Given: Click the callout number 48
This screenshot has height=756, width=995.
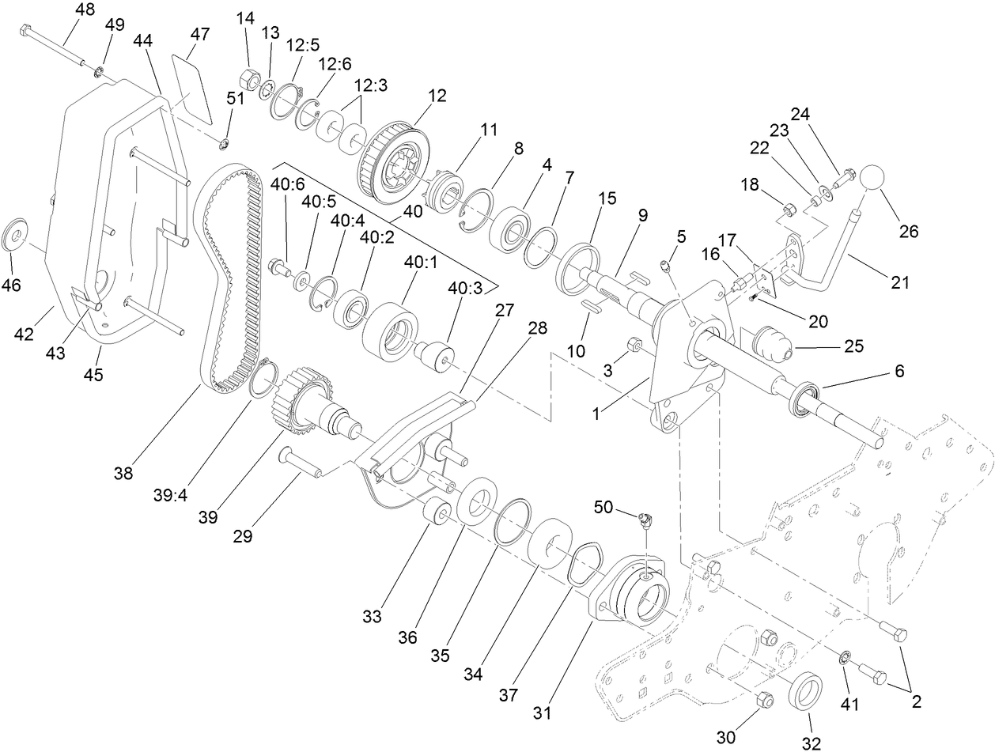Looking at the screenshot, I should click(85, 10).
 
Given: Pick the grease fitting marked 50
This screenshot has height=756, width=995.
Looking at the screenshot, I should click(645, 520).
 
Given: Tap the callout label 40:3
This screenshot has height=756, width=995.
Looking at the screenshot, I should click(465, 290).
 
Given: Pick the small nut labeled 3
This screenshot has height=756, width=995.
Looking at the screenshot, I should click(634, 344).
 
